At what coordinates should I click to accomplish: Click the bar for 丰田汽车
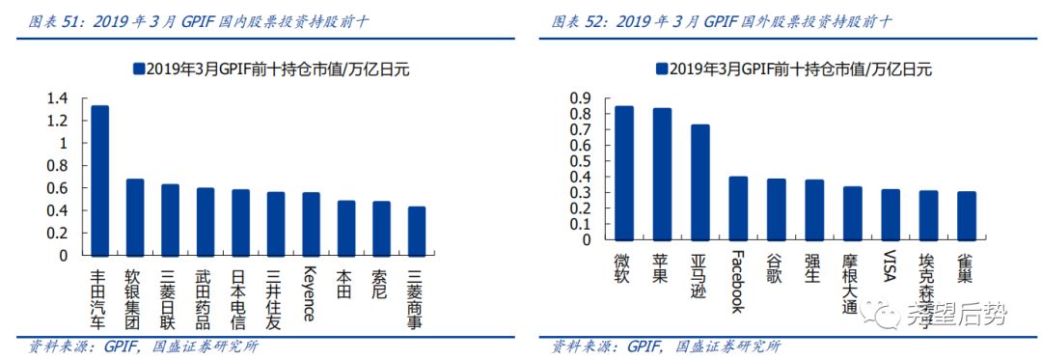coord(99,180)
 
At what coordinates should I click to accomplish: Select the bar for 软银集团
coord(135,217)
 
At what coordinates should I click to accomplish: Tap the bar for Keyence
coord(311,224)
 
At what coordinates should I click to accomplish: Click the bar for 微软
coord(624,173)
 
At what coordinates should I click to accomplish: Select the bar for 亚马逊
coord(700,182)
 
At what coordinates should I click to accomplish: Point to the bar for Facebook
coord(738,208)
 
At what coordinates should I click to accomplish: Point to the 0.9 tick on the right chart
coord(579,98)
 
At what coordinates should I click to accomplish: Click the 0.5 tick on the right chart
coord(579,161)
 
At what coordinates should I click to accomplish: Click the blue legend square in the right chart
coord(661,69)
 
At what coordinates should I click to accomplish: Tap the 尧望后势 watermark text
coord(956,314)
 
